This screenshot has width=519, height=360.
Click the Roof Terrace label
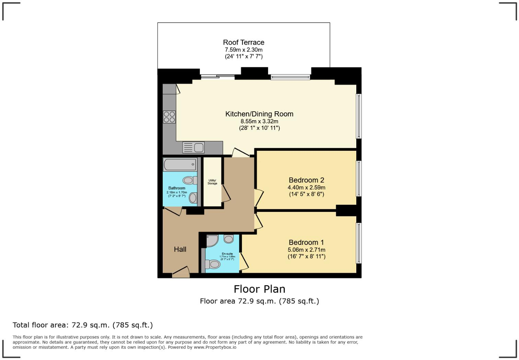[x=244, y=43]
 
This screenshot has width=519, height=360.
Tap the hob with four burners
[x=169, y=117]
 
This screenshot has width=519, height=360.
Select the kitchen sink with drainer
[x=194, y=147]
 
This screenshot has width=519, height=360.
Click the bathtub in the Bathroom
[x=180, y=165]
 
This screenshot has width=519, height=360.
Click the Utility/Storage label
[x=212, y=182]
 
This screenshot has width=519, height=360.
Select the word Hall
[x=180, y=249]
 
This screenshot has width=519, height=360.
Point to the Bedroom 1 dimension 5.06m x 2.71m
[x=306, y=250]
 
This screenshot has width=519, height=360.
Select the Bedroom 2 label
[x=306, y=180]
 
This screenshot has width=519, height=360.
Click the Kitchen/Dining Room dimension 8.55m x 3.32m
[x=259, y=121]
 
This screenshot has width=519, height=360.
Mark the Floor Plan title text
[x=259, y=289]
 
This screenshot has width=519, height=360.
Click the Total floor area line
[x=83, y=325]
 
